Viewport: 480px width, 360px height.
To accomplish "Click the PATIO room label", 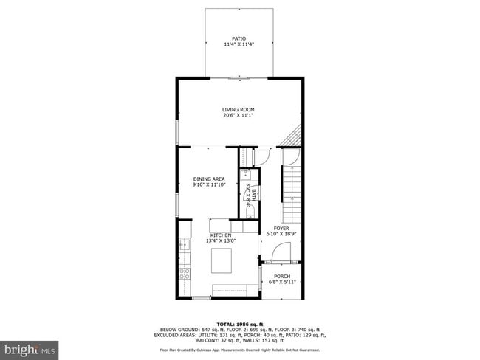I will pos(239,38).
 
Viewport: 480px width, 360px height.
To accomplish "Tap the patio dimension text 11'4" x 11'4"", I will pos(239,44).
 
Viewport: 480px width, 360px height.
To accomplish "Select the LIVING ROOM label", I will pos(239,109).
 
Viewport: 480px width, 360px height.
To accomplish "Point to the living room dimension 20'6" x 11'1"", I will pos(239,115).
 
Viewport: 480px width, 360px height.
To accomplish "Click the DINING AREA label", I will pos(209,179).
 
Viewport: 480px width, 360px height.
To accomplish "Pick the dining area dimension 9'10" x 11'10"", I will pos(209,184).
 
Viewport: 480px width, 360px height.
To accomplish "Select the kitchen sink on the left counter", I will pos(183,246).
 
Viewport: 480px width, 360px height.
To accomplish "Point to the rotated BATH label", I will pos(253,194).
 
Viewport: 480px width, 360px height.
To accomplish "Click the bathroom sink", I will pos(244,176).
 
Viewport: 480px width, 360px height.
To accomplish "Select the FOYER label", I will pos(281,229).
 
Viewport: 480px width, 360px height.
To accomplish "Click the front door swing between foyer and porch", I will pos(279,255).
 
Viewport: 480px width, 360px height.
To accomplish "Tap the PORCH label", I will pos(281,277).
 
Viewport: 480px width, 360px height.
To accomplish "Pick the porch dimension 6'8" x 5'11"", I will pos(281,283).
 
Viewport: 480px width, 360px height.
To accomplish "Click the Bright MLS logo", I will pos(30,347).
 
